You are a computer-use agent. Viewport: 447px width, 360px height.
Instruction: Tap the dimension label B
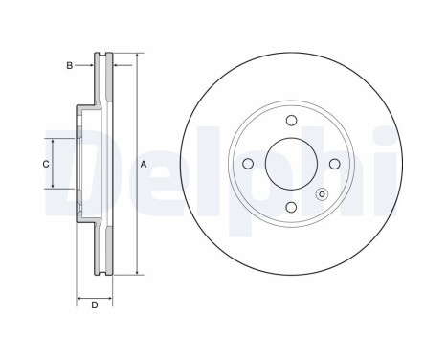pos(69,65)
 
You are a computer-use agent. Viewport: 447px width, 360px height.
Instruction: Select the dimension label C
pos(45,164)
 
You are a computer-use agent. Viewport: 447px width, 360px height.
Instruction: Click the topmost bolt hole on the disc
pos(291,122)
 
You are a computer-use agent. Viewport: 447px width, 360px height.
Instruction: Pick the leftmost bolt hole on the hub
pos(248,164)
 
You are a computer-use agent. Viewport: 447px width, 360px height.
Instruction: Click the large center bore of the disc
pos(291,164)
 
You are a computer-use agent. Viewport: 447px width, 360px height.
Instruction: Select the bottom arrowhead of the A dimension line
pos(135,277)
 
